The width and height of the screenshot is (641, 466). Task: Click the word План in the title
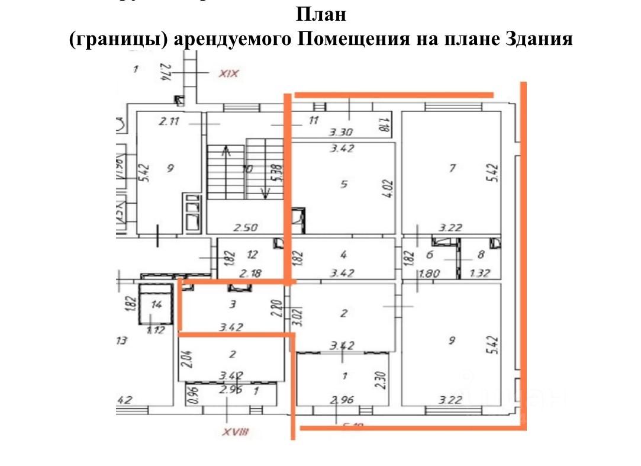(320, 14)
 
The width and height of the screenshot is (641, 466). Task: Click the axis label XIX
(228, 74)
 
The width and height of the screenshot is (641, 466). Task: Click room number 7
(452, 168)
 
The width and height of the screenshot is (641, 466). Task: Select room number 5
(343, 184)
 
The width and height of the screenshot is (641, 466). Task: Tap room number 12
(253, 255)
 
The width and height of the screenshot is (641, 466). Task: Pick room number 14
(156, 305)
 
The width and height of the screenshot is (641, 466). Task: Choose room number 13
(123, 340)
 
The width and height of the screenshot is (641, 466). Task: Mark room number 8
(480, 255)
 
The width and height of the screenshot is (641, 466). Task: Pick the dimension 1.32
(480, 273)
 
